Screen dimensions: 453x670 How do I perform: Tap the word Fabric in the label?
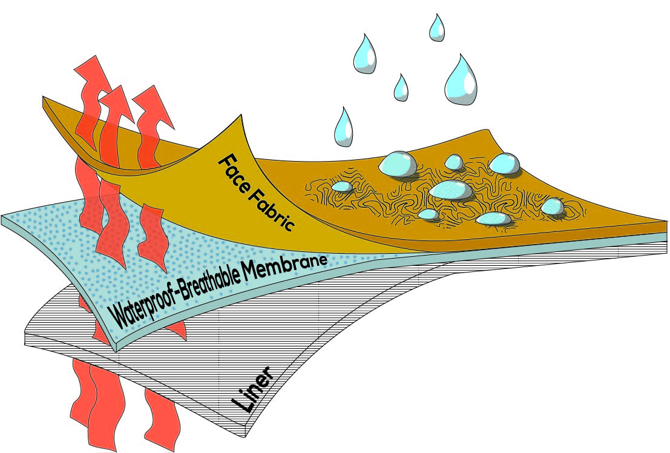274,209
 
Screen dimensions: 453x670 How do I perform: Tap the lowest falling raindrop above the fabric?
344,127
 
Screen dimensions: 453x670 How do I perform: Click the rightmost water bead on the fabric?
552,207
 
